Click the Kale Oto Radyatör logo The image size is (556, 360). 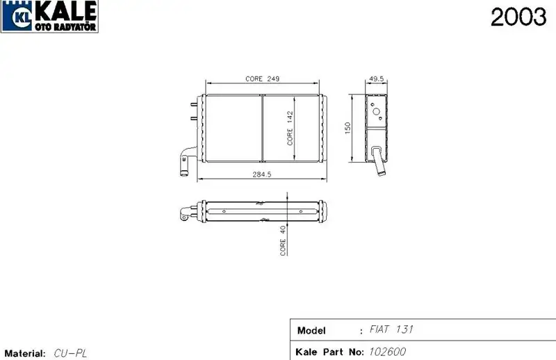(x=49, y=16)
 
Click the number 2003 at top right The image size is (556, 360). (x=518, y=17)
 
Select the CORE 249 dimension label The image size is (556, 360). (x=263, y=79)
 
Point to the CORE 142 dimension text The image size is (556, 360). (x=290, y=128)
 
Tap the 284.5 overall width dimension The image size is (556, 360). (x=262, y=174)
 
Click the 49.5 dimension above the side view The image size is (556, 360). (x=376, y=79)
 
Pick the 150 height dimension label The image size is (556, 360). (x=347, y=128)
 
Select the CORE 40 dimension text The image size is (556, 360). (x=283, y=240)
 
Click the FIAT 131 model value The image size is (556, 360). (x=391, y=329)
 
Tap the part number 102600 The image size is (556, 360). (x=387, y=352)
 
